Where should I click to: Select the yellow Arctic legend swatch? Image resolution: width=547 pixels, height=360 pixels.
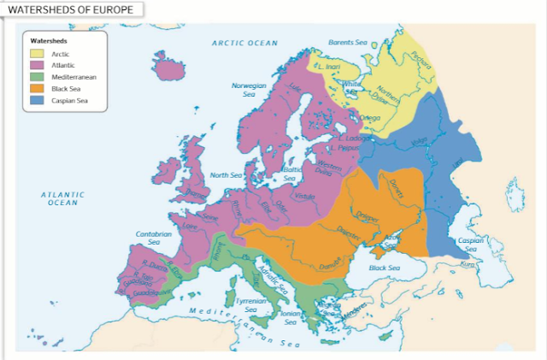tap(38, 54)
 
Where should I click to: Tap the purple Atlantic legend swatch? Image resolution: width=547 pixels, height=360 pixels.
tap(38, 65)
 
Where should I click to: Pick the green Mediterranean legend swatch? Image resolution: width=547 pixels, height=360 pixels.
tap(38, 77)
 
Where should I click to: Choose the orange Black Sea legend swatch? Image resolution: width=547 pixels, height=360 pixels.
tap(38, 88)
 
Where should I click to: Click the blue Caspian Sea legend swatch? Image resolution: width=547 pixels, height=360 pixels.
tap(38, 100)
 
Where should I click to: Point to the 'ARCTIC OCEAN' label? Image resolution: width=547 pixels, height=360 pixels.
tap(245, 42)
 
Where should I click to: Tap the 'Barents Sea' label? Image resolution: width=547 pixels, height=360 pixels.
tap(347, 42)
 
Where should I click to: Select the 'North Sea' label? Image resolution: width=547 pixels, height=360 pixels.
tap(226, 175)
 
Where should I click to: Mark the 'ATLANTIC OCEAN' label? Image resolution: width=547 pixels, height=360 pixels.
tap(63, 198)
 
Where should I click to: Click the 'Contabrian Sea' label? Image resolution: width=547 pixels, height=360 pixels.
tap(154, 238)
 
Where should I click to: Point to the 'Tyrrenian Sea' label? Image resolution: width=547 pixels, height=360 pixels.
tap(250, 305)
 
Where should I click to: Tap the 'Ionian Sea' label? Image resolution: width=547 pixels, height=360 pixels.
tap(289, 317)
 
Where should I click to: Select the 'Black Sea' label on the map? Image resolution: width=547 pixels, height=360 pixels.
tap(384, 268)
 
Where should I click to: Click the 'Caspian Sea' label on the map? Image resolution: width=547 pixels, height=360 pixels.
tap(471, 245)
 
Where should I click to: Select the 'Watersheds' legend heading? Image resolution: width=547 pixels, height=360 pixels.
tap(49, 40)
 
